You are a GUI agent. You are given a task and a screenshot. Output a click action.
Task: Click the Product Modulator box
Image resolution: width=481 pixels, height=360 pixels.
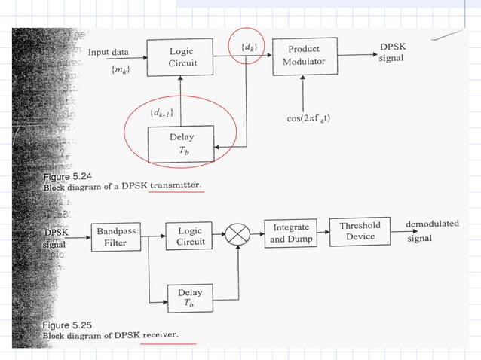303,56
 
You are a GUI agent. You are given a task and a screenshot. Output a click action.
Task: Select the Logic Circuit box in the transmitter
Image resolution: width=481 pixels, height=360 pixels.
182,56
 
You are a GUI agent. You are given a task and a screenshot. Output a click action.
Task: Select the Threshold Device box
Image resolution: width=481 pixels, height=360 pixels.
360,231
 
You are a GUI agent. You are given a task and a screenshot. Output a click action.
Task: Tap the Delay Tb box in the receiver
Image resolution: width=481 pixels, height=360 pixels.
189,297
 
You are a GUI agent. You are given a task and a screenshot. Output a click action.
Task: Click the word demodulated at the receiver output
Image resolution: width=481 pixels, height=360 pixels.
432,224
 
